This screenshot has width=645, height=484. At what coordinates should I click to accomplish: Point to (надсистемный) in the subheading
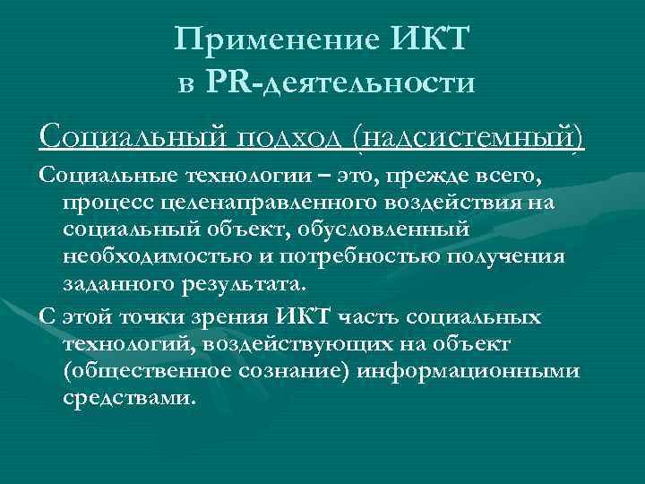[x=467, y=138]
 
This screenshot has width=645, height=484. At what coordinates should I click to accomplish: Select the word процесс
[x=105, y=203]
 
